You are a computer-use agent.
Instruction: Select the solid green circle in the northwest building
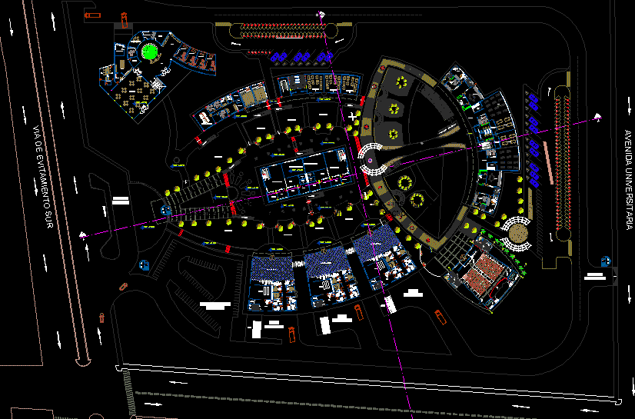point(149,53)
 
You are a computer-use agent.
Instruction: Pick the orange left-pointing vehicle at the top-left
point(92,15)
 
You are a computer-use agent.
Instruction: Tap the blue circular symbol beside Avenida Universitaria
point(606,261)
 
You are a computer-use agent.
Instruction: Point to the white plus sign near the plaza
point(353,116)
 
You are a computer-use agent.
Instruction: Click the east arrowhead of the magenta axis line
point(597,117)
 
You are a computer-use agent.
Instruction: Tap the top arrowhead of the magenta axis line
point(319,12)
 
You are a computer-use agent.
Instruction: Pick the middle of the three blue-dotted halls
point(328,264)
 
